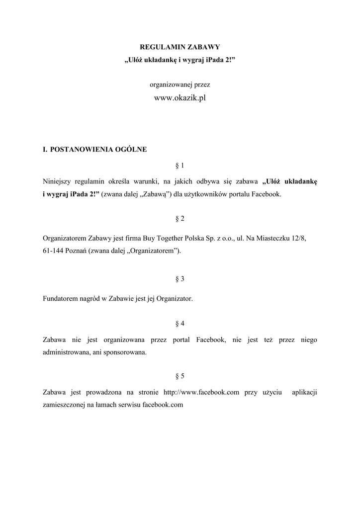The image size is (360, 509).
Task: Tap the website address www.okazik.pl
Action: point(180,98)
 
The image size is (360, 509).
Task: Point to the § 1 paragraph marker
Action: point(180,165)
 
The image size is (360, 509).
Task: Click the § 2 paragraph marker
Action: point(180,219)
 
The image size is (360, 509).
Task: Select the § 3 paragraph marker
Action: point(180,279)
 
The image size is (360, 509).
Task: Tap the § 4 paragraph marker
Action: point(180,324)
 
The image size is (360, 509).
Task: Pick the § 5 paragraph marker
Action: point(180,376)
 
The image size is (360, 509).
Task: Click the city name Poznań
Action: point(78,251)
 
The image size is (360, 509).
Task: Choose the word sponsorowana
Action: point(124,352)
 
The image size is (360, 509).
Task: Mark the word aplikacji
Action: point(305,392)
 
